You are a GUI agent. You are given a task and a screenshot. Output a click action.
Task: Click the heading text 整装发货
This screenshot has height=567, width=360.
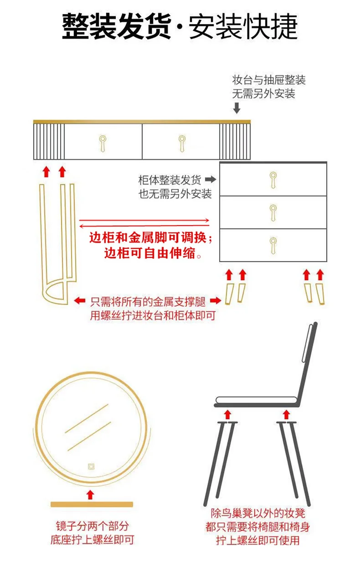pyautogui.click(x=116, y=26)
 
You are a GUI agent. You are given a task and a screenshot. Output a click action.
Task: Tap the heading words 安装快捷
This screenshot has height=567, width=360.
pyautogui.click(x=243, y=26)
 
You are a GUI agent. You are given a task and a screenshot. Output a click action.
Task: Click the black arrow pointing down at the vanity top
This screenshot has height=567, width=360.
pyautogui.click(x=237, y=108)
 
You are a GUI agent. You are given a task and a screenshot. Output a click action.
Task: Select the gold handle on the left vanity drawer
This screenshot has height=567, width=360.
pyautogui.click(x=103, y=142)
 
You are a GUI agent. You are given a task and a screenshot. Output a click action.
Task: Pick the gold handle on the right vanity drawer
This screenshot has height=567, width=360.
pyautogui.click(x=181, y=142)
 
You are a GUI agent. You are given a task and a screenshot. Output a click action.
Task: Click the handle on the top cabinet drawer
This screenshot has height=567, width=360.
pyautogui.click(x=273, y=179)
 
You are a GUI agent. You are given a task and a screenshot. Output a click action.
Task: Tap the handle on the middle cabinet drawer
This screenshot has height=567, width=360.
pyautogui.click(x=273, y=212)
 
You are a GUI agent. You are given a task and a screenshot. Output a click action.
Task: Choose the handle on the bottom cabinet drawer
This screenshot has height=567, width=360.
pyautogui.click(x=273, y=244)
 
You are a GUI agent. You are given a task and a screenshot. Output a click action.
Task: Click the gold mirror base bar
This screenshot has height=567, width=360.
pyautogui.click(x=91, y=504)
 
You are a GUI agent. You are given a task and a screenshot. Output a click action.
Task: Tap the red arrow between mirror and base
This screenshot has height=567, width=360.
pyautogui.click(x=90, y=494)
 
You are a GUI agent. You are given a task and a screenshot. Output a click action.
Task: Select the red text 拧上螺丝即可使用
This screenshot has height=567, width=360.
pyautogui.click(x=257, y=541)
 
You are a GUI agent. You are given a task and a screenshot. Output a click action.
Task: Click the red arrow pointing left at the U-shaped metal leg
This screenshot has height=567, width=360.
pyautogui.click(x=79, y=300)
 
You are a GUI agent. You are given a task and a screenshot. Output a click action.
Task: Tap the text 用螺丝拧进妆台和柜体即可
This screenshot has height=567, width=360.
pyautogui.click(x=152, y=315)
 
